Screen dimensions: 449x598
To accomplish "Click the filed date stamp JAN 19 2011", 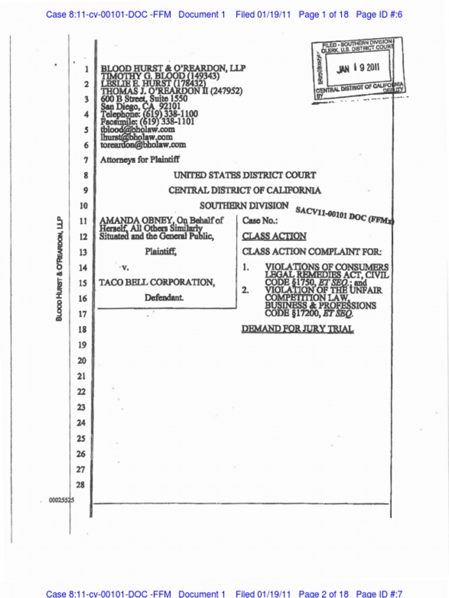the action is (358, 68).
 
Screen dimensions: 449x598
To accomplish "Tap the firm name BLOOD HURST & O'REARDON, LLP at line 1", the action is (173, 68).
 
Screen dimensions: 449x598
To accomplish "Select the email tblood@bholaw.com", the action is (137, 129).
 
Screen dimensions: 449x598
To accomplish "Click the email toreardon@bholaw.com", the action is (143, 144).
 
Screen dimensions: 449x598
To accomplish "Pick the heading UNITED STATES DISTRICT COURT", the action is (244, 175).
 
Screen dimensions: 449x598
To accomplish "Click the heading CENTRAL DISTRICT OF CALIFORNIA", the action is (244, 190).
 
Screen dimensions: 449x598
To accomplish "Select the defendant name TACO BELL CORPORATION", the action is (156, 282).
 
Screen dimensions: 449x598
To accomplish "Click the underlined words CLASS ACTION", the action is (274, 237).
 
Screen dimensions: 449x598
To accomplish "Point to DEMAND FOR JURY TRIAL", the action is (298, 329).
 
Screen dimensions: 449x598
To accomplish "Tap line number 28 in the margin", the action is (81, 484).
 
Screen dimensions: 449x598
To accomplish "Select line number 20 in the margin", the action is (81, 360).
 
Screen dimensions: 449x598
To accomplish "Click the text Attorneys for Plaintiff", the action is (140, 159).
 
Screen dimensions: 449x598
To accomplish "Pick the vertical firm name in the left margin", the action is (59, 268).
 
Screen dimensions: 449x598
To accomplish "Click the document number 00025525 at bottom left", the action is (61, 500).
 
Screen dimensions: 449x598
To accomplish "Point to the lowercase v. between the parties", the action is (124, 267).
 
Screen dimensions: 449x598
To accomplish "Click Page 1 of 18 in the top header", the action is (323, 14).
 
